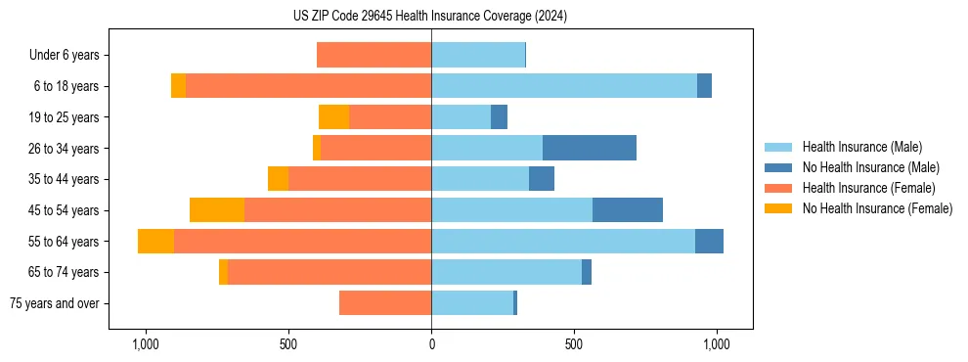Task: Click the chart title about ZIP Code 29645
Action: (x=430, y=17)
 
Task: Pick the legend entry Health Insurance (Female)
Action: (x=868, y=188)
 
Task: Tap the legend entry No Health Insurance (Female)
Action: (x=877, y=208)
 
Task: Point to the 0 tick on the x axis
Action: (x=431, y=345)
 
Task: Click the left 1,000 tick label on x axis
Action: (x=145, y=345)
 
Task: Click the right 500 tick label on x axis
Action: (x=574, y=345)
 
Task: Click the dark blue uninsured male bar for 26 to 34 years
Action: (x=590, y=148)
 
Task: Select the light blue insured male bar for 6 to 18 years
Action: (x=564, y=86)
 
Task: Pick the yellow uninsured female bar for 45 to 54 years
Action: (x=217, y=210)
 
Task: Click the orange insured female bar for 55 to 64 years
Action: (x=302, y=242)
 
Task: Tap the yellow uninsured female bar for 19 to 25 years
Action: (x=333, y=117)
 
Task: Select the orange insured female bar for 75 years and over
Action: (x=385, y=303)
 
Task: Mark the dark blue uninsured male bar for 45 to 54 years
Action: (x=628, y=210)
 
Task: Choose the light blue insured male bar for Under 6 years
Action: (x=478, y=56)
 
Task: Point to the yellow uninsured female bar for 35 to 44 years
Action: (x=278, y=179)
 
